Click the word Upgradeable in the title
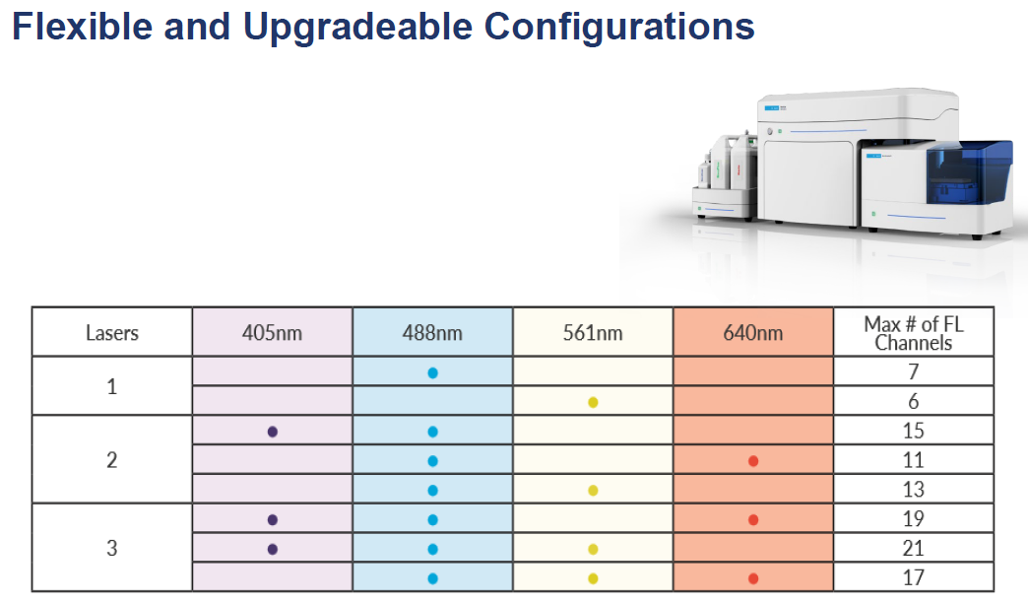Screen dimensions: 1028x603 click(357, 28)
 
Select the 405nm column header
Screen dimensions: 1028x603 click(272, 333)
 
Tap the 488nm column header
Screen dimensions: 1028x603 click(432, 333)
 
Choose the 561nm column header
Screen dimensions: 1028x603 click(593, 333)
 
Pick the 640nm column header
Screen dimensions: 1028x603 click(753, 333)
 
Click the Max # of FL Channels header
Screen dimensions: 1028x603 click(913, 333)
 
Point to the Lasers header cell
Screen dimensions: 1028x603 click(112, 333)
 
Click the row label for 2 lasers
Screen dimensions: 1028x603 click(112, 459)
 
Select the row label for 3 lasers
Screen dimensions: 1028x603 click(112, 547)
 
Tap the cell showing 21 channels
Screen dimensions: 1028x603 click(913, 548)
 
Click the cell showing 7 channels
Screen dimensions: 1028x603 click(913, 371)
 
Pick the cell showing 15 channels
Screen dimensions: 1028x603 click(913, 431)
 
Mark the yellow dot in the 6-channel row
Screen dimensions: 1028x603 click(593, 402)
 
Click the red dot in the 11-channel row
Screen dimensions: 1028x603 click(753, 461)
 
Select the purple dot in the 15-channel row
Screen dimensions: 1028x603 click(273, 432)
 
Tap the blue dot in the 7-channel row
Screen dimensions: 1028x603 click(432, 372)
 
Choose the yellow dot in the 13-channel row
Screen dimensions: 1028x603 click(593, 490)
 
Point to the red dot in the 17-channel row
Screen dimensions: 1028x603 click(753, 578)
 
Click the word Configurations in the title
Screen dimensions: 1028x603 click(619, 28)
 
